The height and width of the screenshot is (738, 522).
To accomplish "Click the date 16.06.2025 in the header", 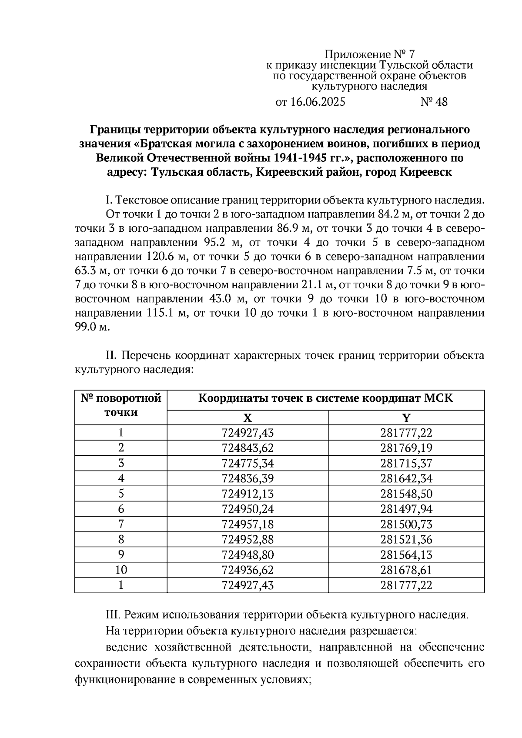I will (x=317, y=102).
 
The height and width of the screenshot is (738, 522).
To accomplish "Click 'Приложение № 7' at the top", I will (x=370, y=55).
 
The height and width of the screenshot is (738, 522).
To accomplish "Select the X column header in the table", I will (x=247, y=418).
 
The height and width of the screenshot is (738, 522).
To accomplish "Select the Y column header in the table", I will (x=406, y=418).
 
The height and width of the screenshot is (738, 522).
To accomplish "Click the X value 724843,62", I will (x=247, y=448).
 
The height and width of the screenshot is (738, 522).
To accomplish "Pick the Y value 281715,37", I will (x=406, y=463).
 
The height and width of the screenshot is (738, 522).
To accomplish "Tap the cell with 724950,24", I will (x=247, y=509).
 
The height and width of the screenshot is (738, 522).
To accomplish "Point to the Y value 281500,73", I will (x=406, y=524).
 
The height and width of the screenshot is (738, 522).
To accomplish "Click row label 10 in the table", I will (x=121, y=570).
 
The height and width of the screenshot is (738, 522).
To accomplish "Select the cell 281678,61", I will (x=406, y=570).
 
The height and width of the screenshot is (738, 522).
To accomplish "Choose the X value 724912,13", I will (x=247, y=494).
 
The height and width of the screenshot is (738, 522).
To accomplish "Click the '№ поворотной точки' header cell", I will (x=121, y=405).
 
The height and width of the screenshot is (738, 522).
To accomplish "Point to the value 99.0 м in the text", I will (x=90, y=327).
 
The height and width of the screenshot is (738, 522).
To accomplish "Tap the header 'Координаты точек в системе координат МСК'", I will (x=325, y=398).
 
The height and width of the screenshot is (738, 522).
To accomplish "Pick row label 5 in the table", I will (x=121, y=494).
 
